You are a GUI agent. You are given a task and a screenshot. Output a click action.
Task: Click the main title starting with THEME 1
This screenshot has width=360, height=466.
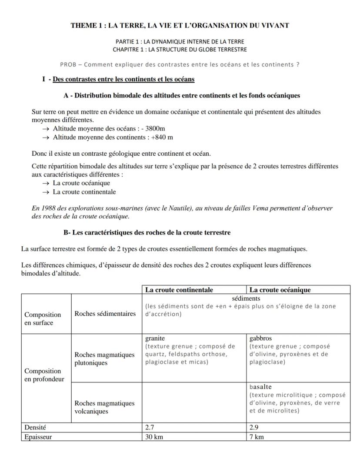180,26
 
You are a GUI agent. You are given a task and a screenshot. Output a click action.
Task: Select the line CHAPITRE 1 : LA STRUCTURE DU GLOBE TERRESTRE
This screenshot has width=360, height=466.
180,50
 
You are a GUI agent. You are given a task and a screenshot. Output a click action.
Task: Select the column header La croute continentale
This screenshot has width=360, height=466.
179,290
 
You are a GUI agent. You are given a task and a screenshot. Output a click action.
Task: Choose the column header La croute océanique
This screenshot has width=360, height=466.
280,290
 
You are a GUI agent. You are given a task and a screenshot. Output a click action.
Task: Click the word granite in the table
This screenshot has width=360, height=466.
155,338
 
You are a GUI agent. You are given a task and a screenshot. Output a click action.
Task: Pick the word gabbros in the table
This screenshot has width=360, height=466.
260,338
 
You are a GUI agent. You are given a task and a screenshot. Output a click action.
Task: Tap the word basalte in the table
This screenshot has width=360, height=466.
260,387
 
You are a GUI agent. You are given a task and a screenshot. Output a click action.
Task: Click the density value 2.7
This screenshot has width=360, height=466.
150,428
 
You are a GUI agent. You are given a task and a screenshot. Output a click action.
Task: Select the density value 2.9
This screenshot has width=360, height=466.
254,428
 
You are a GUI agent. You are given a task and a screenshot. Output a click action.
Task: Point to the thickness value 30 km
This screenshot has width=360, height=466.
154,437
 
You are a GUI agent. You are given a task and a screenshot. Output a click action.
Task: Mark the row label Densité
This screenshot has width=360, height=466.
35,428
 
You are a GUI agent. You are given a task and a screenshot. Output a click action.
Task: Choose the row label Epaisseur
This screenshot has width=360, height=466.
38,437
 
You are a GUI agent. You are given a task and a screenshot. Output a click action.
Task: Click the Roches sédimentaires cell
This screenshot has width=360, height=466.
105,314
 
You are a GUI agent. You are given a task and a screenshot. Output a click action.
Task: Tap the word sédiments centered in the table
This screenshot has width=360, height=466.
246,298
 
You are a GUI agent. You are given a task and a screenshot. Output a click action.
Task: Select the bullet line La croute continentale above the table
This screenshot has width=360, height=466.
84,192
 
